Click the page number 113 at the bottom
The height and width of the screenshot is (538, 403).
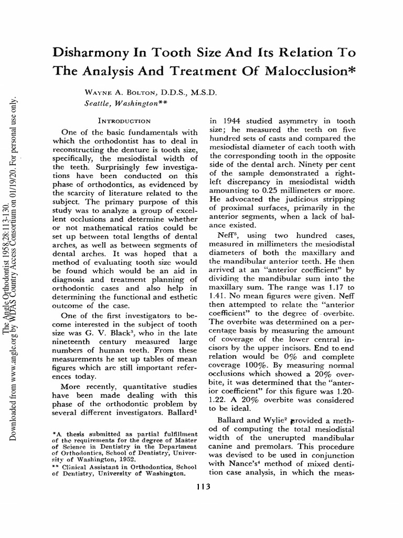coord(201,487)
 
